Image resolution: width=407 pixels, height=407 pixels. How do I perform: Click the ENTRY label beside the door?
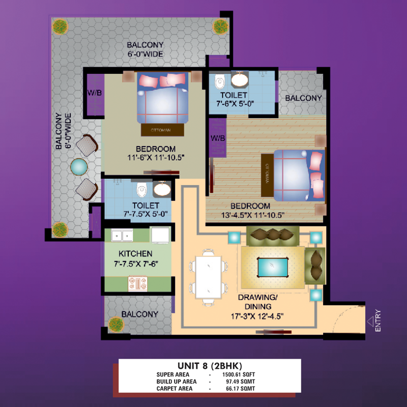tap(378, 321)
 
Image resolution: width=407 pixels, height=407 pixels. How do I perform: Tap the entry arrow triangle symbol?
tap(370, 322)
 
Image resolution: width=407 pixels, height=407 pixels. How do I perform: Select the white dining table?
tap(209, 277)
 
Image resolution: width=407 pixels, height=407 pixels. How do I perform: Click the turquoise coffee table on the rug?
tap(273, 267)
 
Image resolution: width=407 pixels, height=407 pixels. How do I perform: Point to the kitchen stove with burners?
tap(137, 283)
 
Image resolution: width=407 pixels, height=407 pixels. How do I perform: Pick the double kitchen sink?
tap(122, 235)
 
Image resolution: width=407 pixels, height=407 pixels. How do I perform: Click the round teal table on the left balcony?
tap(79, 167)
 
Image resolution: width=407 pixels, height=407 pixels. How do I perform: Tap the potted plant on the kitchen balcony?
tap(116, 325)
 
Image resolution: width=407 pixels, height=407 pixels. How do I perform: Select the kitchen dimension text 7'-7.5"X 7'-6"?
tap(136, 264)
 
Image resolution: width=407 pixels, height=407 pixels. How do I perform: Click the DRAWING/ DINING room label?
tap(258, 302)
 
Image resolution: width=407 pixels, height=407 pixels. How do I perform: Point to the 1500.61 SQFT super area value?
tap(239, 374)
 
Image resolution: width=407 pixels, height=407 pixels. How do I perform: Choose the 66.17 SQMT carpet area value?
tap(240, 389)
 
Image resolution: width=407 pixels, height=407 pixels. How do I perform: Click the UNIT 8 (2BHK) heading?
tap(210, 366)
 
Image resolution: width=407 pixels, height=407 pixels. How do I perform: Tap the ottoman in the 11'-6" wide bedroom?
tap(162, 130)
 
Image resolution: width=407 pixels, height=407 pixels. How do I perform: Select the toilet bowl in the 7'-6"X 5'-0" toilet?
tap(220, 81)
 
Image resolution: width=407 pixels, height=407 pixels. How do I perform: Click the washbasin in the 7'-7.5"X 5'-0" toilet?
tap(162, 189)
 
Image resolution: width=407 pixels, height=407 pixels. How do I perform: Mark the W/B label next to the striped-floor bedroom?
tap(218, 138)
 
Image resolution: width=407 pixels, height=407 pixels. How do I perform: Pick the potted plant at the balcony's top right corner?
tap(221, 26)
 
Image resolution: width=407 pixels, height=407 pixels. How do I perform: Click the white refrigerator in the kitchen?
tap(160, 236)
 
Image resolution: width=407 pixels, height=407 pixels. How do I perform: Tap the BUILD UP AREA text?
tap(177, 382)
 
